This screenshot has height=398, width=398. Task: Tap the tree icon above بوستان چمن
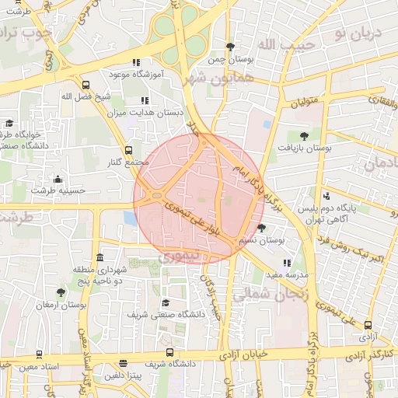coord(229,47)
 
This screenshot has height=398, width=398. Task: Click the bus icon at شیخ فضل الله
coord(85,84)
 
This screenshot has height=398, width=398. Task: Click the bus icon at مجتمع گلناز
coord(128,151)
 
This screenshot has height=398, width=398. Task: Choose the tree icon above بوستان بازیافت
coord(304,136)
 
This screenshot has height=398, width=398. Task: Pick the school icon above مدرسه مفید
coord(286,263)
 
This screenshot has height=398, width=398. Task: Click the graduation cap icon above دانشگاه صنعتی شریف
coord(166,302)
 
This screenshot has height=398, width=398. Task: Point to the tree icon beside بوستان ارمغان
coord(61,292)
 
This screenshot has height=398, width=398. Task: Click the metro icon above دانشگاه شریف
coord(124,363)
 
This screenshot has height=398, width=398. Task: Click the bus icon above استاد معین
coord(8,365)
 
